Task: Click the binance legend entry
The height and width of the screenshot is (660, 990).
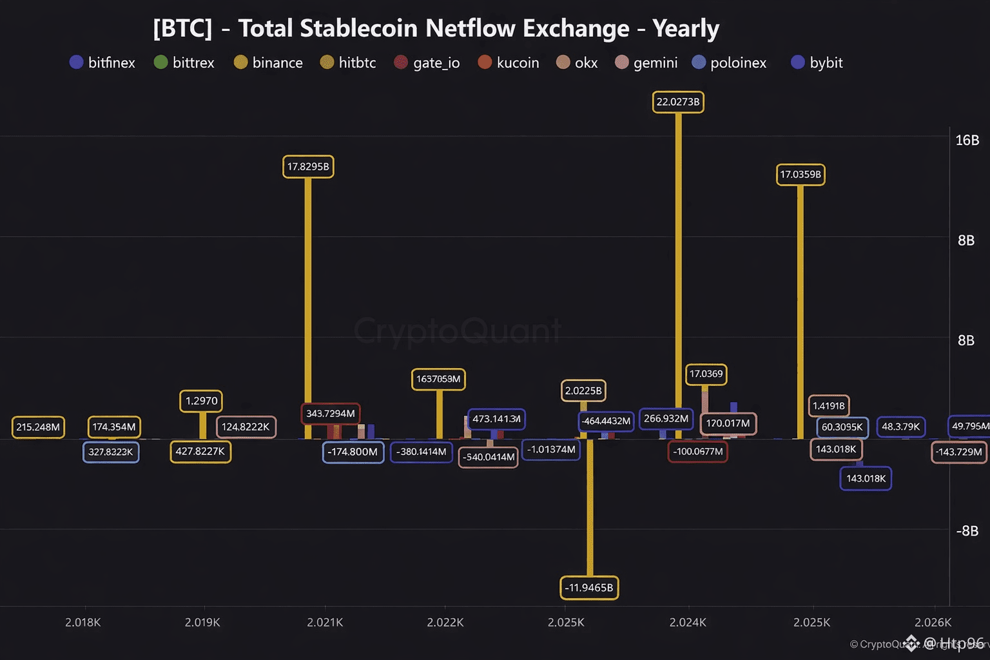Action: pyautogui.click(x=268, y=63)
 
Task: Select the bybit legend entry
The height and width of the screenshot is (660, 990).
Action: pyautogui.click(x=817, y=63)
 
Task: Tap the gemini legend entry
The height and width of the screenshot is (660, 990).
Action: pyautogui.click(x=646, y=63)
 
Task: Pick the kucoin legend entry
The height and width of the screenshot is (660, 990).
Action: pyautogui.click(x=509, y=63)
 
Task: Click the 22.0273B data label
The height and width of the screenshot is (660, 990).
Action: pyautogui.click(x=678, y=102)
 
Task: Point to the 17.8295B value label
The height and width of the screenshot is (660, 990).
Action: pyautogui.click(x=308, y=166)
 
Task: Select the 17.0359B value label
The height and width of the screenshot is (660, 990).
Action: pyautogui.click(x=801, y=174)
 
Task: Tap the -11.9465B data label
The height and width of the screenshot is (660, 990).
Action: pyautogui.click(x=589, y=587)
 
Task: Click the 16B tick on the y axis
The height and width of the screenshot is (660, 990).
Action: pyautogui.click(x=967, y=141)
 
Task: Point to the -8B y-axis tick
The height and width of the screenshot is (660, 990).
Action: pyautogui.click(x=967, y=531)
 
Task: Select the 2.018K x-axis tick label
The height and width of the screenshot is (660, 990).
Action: pyautogui.click(x=83, y=622)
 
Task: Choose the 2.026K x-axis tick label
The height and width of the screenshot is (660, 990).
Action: pyautogui.click(x=933, y=622)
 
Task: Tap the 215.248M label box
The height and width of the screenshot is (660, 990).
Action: pyautogui.click(x=38, y=427)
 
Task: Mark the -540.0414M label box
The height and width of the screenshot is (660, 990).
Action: pyautogui.click(x=489, y=457)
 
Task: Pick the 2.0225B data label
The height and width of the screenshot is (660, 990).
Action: pyautogui.click(x=583, y=391)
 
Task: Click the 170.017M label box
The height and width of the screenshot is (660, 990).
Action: pyautogui.click(x=728, y=423)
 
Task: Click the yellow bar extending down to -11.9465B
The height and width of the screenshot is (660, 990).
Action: pyautogui.click(x=590, y=509)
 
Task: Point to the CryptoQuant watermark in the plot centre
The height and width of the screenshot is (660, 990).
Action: pyautogui.click(x=458, y=331)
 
